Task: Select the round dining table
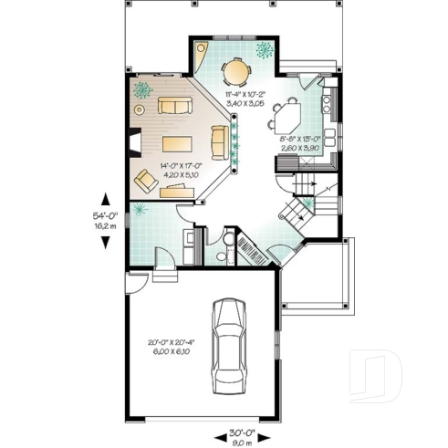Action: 236,69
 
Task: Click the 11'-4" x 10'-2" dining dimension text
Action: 244,99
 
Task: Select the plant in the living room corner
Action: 143,89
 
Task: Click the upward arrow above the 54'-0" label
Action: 106,198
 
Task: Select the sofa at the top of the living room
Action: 173,107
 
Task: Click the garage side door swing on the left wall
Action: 134,282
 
